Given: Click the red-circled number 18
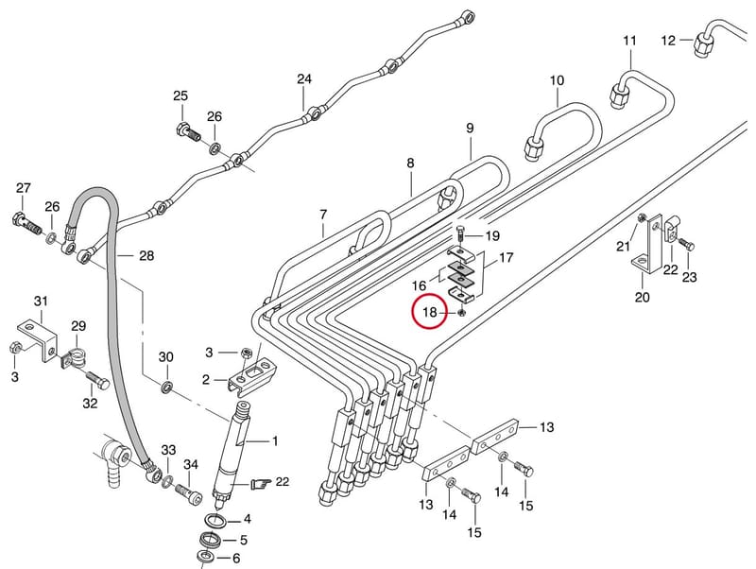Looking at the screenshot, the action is click(x=429, y=312).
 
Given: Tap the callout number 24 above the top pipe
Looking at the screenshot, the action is click(x=304, y=78).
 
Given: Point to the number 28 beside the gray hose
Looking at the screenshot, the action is click(x=146, y=255).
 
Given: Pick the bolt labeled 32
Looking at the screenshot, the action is click(x=98, y=380).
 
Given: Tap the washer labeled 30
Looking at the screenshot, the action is click(x=167, y=387).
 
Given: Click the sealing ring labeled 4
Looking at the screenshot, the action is click(x=215, y=521).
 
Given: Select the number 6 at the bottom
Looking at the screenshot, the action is click(x=236, y=558).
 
